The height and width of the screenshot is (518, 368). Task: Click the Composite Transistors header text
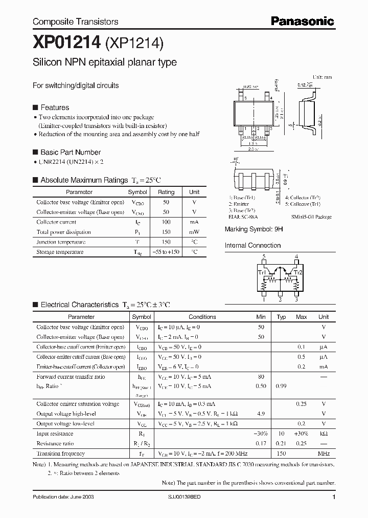75,21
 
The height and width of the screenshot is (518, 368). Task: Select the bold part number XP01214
66,44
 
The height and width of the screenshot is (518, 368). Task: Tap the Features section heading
54,107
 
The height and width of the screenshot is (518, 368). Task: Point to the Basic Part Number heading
70,152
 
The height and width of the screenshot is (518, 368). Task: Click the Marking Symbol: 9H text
254,229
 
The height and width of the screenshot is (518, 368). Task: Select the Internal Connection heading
252,245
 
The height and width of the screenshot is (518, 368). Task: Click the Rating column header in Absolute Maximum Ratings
166,192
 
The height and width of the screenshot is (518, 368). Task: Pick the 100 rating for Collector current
166,222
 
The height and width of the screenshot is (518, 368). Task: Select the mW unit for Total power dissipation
194,232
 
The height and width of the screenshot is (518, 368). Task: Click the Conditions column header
202,317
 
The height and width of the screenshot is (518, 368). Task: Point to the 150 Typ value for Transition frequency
281,454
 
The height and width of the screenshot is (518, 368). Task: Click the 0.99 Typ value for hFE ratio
281,386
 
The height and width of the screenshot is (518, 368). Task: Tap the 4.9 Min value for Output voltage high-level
261,414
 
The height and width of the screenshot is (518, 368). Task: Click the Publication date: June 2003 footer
63,497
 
